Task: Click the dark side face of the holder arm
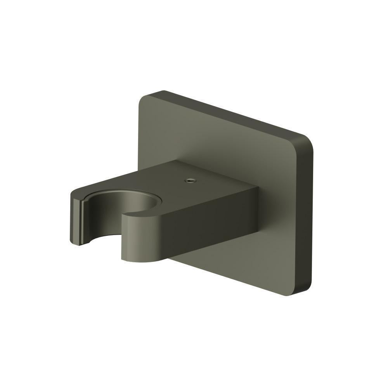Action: click(x=206, y=225)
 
